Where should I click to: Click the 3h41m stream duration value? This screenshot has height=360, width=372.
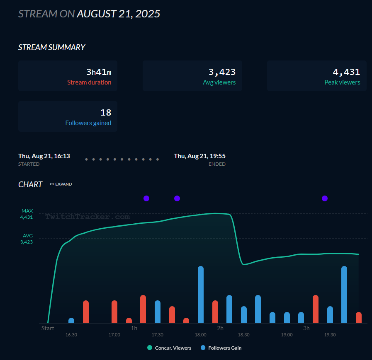(x=99, y=72)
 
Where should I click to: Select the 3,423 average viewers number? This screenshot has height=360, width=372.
(x=222, y=72)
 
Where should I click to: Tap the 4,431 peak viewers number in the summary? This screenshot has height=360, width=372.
(x=346, y=72)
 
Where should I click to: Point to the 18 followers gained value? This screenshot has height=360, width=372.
(x=106, y=112)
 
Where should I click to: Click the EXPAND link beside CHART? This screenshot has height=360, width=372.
(x=61, y=184)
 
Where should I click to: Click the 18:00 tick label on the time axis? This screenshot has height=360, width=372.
(x=200, y=335)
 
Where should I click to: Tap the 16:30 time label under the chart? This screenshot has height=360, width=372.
(x=71, y=335)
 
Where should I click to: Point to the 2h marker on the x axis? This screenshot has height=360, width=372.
(x=220, y=328)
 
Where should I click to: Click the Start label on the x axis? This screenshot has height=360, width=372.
(x=48, y=328)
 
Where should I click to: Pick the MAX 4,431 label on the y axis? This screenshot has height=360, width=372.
(x=27, y=214)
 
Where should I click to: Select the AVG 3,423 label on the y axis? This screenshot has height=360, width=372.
(x=27, y=239)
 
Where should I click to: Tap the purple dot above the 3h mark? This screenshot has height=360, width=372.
(x=325, y=198)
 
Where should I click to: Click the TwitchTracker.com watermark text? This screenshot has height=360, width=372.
(x=88, y=217)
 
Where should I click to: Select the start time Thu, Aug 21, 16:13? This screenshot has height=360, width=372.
(x=44, y=156)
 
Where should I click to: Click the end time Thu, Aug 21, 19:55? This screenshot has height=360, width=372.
(x=199, y=156)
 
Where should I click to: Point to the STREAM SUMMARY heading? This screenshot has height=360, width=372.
(x=51, y=47)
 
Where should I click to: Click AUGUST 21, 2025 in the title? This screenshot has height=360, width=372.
(x=118, y=14)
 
